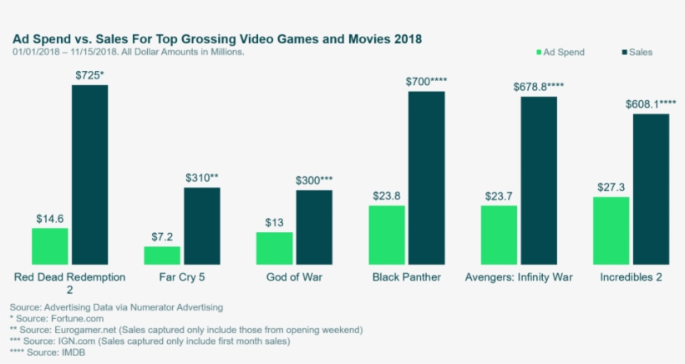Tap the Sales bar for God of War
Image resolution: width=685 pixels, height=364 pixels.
click(x=314, y=226)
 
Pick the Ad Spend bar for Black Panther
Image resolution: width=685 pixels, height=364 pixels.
click(x=387, y=234)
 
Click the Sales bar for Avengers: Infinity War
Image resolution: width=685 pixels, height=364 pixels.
click(x=539, y=179)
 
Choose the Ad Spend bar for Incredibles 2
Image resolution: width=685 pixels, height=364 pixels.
click(x=611, y=230)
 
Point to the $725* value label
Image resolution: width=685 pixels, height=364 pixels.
click(x=89, y=75)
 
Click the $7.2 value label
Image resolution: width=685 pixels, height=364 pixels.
click(x=163, y=236)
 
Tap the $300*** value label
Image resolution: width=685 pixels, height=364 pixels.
click(x=314, y=180)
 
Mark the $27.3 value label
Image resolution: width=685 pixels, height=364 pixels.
click(x=611, y=187)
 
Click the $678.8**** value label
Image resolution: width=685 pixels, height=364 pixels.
click(x=539, y=86)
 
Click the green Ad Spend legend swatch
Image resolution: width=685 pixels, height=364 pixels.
click(x=538, y=53)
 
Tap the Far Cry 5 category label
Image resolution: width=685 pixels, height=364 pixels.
click(x=182, y=277)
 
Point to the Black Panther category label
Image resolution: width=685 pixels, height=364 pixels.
click(x=407, y=277)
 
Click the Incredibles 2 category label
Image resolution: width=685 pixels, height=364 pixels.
click(x=631, y=277)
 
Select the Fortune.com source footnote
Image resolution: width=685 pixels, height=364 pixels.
click(x=47, y=319)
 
